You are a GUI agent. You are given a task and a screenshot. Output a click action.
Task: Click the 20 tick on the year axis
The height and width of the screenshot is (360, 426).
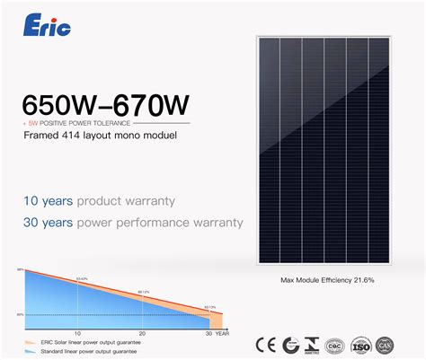143,332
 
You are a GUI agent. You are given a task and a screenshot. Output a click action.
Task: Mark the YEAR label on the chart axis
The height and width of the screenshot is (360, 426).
222,332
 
